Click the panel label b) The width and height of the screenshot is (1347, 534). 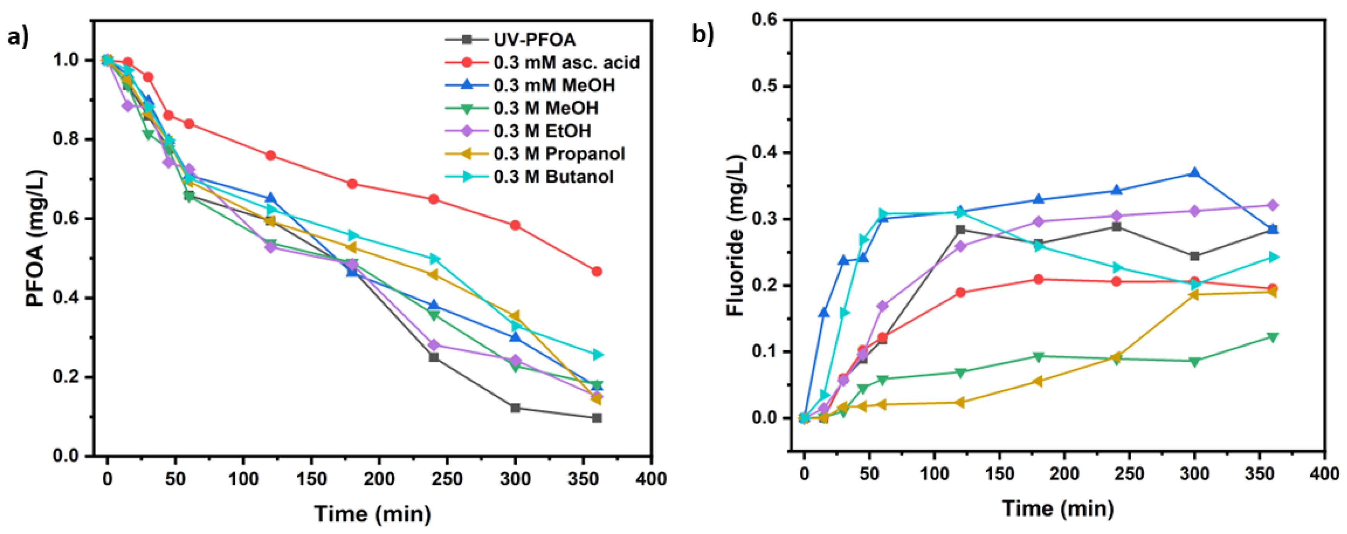coord(703,34)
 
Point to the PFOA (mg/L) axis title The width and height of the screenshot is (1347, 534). coord(36,238)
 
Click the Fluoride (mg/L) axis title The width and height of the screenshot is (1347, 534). coord(735,235)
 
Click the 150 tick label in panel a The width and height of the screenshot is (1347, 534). coord(311,479)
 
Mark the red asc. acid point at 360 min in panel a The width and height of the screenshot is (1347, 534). coord(597,271)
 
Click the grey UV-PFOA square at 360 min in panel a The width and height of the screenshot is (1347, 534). coord(597,418)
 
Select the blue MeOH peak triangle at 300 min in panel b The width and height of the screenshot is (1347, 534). coord(1194,173)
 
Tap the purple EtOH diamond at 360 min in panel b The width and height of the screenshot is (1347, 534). coord(1273,205)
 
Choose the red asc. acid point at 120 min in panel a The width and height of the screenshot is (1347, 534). coord(270,155)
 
